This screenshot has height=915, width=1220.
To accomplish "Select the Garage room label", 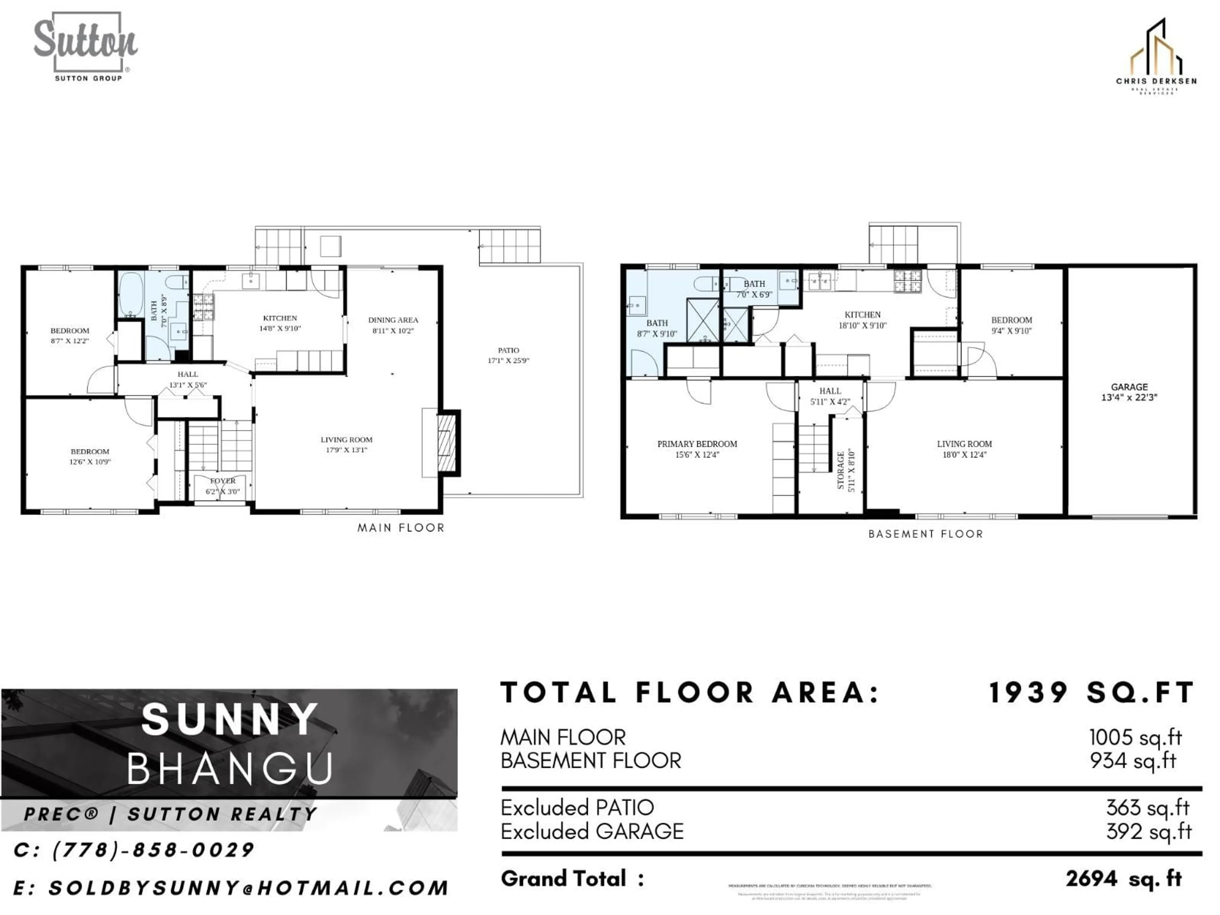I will (x=1129, y=392).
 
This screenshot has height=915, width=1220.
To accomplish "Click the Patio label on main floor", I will (x=508, y=355).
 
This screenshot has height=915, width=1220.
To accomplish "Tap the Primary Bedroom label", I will (x=697, y=449).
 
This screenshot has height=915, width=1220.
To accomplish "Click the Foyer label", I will (x=222, y=485).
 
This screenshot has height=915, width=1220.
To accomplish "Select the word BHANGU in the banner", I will (x=231, y=768).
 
